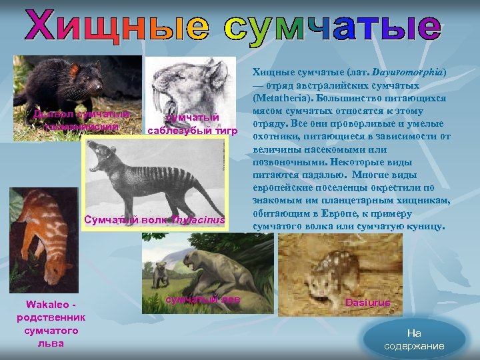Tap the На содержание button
click(414, 339)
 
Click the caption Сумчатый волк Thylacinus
click(154, 221)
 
